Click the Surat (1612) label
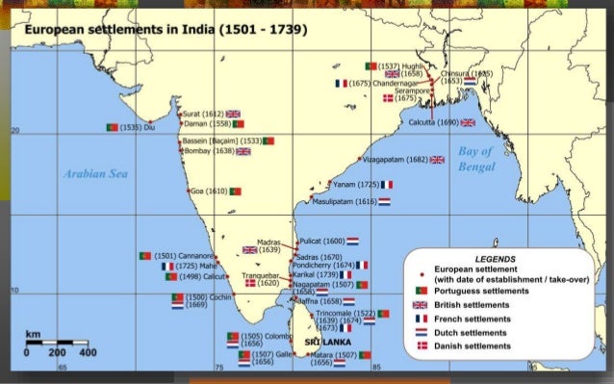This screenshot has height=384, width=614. [x=201, y=114]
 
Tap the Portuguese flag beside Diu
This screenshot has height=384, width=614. [x=112, y=126]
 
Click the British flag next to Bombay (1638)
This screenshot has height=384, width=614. [x=243, y=151]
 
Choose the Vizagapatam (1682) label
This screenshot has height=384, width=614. [x=396, y=159]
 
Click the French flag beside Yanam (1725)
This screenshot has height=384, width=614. [x=386, y=184]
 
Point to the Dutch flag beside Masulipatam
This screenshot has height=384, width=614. [x=385, y=202]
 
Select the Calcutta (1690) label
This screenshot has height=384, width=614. [x=433, y=122]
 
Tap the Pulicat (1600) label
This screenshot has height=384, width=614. [x=321, y=240]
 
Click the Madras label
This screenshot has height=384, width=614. [x=269, y=243]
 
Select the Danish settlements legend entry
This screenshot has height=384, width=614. [x=472, y=345]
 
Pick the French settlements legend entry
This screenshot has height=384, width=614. [x=472, y=318]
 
